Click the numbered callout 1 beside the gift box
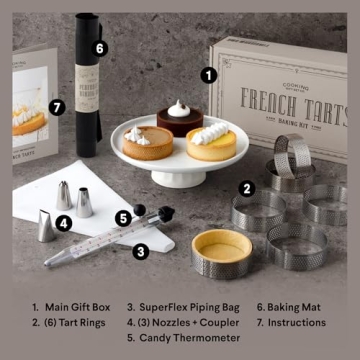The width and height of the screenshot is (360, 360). click(x=208, y=74)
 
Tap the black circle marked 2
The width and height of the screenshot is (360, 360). click(x=246, y=186)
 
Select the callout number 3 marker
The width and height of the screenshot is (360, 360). click(x=141, y=251)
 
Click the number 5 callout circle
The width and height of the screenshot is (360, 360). click(x=123, y=216)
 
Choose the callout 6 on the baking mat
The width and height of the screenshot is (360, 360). click(x=99, y=47)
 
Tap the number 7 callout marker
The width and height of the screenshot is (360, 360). click(x=57, y=105)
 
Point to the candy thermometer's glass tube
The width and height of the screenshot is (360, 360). click(x=95, y=247)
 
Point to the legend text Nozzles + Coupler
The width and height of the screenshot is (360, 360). click(x=185, y=323)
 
